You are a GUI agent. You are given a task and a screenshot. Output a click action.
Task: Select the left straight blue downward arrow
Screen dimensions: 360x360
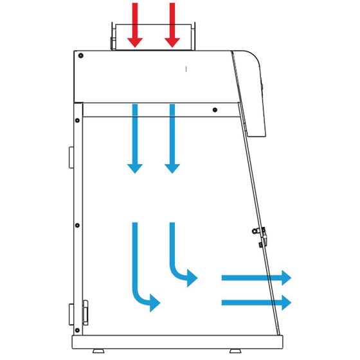pos(134,138)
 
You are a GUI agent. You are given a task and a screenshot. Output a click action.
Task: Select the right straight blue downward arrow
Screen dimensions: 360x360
pos(172,138)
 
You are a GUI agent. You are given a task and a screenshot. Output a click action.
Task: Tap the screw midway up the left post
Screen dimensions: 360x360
pos(77,225)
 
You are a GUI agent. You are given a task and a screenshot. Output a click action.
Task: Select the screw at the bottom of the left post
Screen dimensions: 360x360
pos(77,332)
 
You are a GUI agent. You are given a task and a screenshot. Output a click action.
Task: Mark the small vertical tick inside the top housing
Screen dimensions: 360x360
pos(186,67)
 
